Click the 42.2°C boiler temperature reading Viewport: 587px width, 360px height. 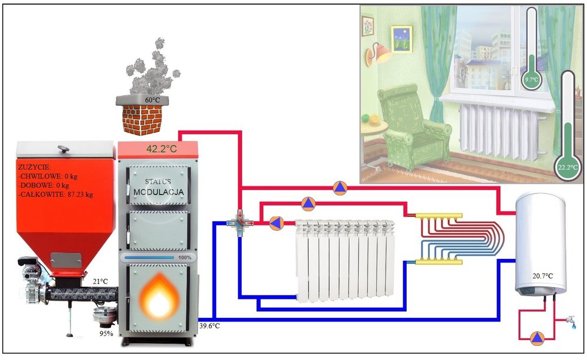(x=161, y=149)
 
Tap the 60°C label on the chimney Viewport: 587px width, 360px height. (x=153, y=100)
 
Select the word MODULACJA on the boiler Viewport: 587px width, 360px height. (x=158, y=192)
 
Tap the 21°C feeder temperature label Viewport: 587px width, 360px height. (x=100, y=282)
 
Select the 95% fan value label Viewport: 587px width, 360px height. (x=107, y=334)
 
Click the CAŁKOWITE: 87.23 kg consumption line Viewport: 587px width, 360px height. (x=56, y=193)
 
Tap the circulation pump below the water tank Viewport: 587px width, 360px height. (x=537, y=338)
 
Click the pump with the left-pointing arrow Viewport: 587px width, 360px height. (x=276, y=223)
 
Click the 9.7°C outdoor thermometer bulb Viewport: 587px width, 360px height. (x=532, y=79)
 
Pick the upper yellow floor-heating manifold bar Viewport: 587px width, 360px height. (x=439, y=216)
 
